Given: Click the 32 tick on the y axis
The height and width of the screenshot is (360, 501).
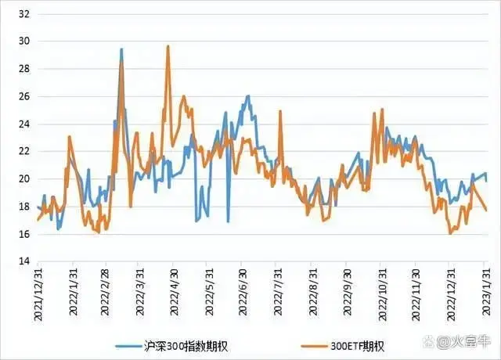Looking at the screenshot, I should coord(23,13).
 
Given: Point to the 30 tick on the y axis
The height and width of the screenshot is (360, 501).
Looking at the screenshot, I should coord(23,41).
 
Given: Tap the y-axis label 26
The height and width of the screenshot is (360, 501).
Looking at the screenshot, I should coord(23,96).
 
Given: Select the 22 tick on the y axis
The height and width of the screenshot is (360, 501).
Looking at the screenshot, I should coord(23,151).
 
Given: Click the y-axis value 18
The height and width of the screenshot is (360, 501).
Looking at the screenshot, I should coord(23,207).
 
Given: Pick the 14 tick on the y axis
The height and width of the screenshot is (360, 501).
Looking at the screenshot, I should coord(23,261).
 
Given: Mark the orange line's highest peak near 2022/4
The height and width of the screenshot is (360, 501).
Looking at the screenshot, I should coord(168,46).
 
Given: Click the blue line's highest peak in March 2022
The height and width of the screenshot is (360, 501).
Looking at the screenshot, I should coord(121,49).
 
